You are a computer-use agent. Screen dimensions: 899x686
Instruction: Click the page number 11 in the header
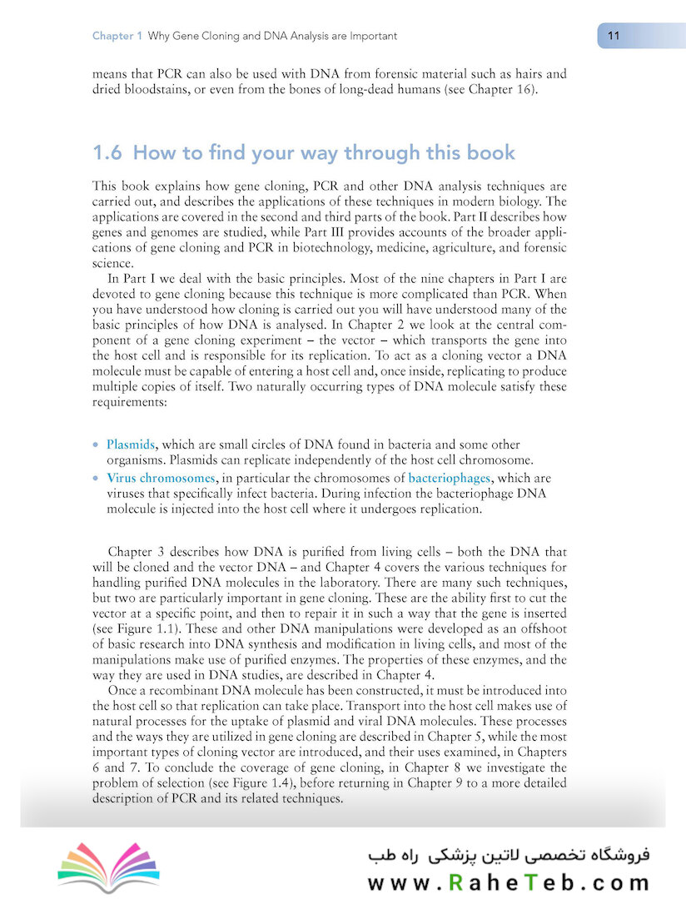click(614, 36)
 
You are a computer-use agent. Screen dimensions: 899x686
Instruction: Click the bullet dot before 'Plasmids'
click(96, 445)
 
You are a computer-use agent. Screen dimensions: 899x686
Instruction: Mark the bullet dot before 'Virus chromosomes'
click(96, 479)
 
